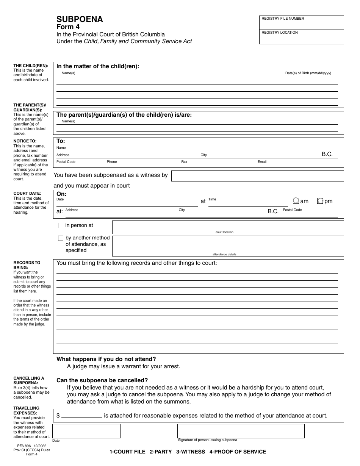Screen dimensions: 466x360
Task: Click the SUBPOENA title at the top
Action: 80,20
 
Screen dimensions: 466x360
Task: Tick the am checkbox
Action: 296,201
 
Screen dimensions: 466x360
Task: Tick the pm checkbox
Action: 320,201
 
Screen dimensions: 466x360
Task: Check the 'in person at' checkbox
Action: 61,225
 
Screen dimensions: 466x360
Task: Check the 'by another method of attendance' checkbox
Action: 61,238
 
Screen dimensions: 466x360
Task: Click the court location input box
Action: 228,227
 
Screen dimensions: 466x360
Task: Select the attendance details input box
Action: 228,245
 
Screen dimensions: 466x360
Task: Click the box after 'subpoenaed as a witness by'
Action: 257,176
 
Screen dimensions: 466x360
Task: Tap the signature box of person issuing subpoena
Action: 241,431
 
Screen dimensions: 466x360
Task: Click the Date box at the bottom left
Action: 86,431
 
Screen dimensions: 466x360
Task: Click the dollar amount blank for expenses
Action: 82,415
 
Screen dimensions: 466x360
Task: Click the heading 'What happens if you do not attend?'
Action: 106,359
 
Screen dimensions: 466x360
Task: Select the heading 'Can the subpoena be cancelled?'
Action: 102,380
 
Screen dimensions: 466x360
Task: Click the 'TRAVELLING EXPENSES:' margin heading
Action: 26,411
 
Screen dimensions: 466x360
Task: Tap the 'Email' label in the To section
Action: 262,162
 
